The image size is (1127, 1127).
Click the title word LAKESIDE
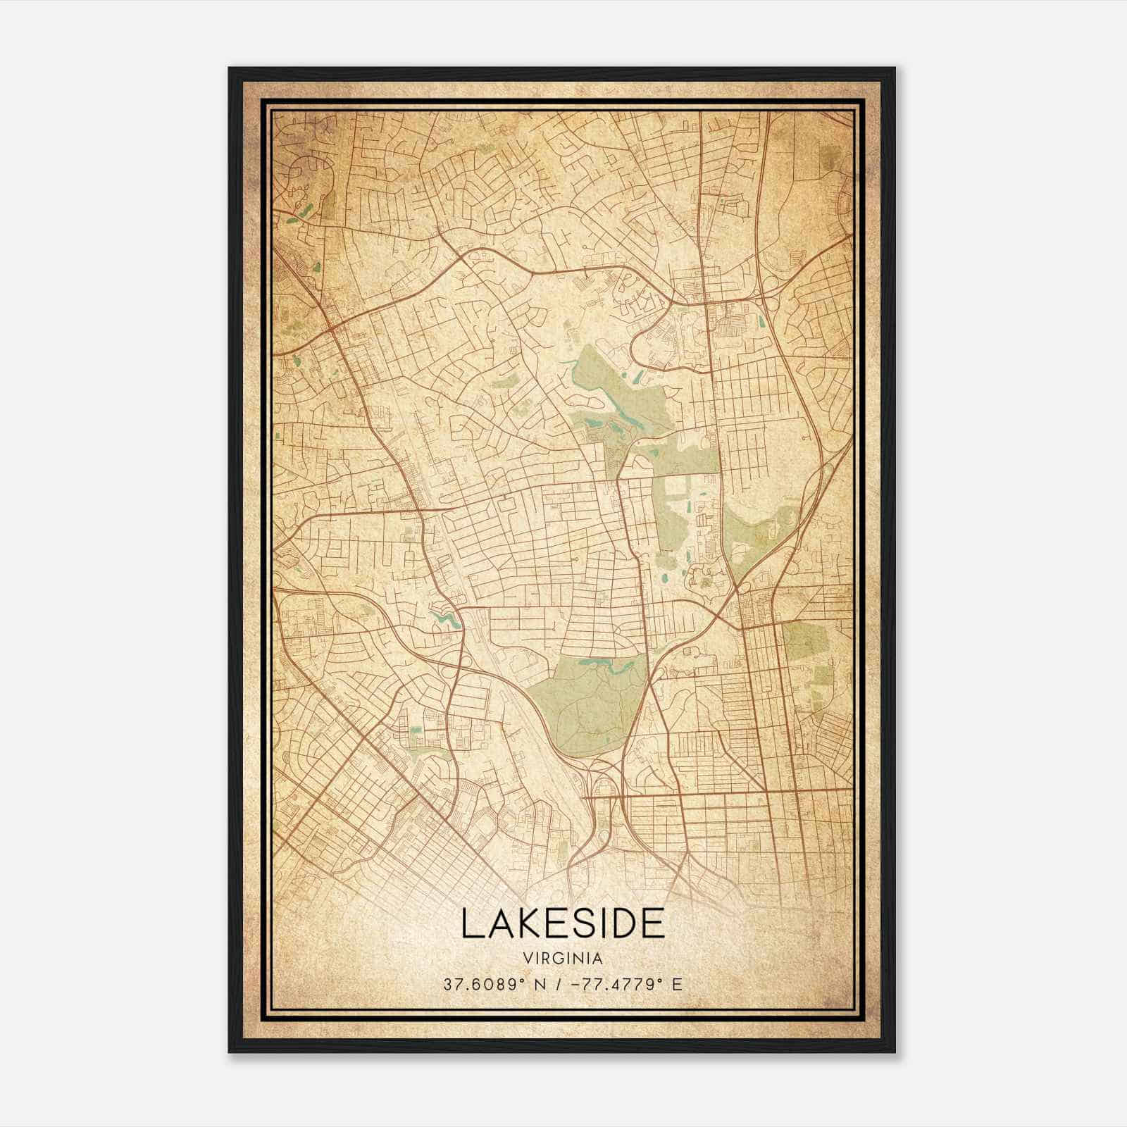click(563, 923)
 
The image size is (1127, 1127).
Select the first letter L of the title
click(470, 923)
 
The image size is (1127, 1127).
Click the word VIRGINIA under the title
click(563, 958)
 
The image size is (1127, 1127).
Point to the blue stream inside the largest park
click(606, 665)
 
